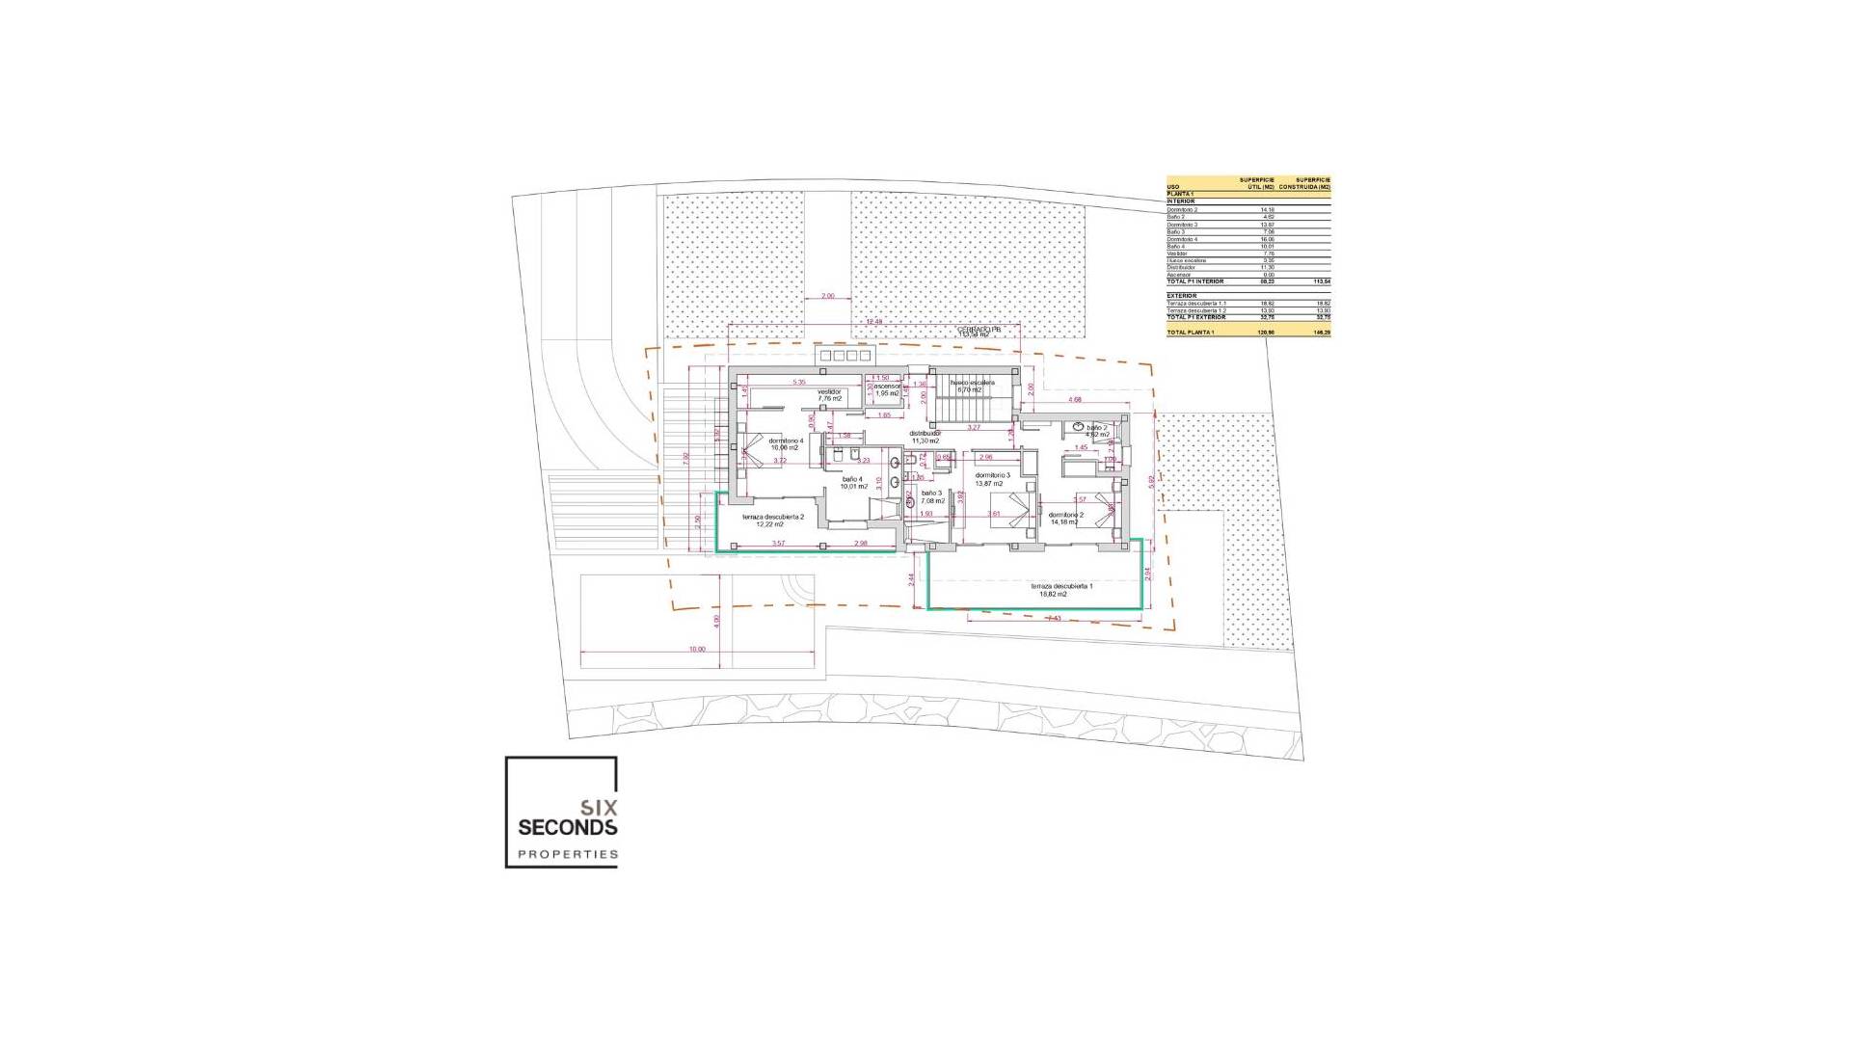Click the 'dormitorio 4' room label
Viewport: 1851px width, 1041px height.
(x=787, y=440)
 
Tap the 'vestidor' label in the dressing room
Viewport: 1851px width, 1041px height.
(x=829, y=392)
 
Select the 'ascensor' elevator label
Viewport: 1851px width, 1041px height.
(x=887, y=387)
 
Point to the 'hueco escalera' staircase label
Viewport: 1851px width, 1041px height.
(x=972, y=383)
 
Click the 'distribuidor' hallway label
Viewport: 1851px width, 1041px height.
(x=925, y=433)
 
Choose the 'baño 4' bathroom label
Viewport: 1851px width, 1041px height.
(x=851, y=479)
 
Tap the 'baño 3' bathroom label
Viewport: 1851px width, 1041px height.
(x=931, y=493)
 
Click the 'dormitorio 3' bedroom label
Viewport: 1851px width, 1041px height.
(x=992, y=475)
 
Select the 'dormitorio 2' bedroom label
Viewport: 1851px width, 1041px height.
(x=1066, y=515)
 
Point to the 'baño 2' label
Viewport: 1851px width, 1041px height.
(x=1097, y=427)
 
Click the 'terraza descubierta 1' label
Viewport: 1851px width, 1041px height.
(x=1060, y=586)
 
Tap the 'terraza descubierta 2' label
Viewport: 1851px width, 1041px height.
(x=772, y=517)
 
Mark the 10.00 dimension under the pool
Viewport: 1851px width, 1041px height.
(x=697, y=649)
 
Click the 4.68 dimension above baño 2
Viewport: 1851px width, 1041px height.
(x=1074, y=399)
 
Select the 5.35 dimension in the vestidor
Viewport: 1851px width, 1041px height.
(x=798, y=383)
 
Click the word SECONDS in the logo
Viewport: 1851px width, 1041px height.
(x=567, y=827)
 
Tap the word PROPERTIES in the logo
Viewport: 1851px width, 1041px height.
(x=567, y=854)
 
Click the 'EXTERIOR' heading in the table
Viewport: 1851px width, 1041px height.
(x=1181, y=296)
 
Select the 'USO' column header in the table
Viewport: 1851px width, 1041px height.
(x=1172, y=187)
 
